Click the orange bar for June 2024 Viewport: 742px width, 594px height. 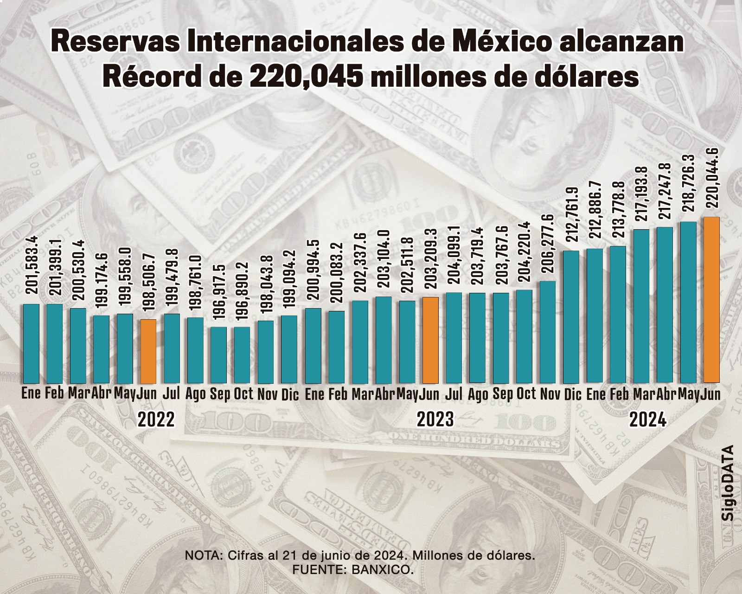(711, 299)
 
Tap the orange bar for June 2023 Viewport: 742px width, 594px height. (430, 339)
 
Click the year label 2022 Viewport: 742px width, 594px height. (156, 420)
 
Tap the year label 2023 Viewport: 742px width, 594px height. (435, 420)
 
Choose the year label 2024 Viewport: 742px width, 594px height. (647, 420)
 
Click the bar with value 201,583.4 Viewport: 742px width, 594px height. (31, 343)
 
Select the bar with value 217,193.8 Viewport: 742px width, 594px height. (641, 306)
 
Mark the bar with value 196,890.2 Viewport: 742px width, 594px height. (242, 355)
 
